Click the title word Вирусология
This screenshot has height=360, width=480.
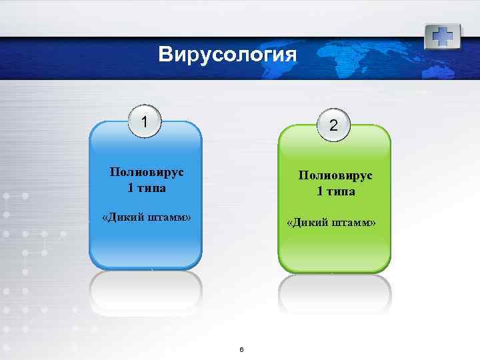227,54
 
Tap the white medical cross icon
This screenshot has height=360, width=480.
443,35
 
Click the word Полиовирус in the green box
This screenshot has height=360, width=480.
336,176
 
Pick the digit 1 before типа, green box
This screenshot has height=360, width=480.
320,192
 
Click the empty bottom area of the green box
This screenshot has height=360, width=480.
334,253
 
